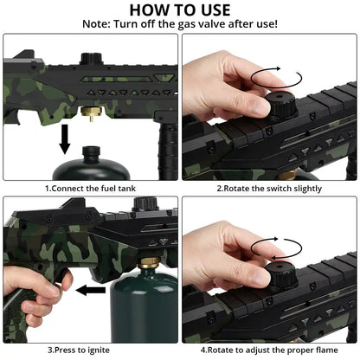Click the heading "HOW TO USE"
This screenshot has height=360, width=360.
[180, 10]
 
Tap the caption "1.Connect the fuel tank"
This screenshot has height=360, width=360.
[90, 189]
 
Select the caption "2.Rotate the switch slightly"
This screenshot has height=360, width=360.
[269, 189]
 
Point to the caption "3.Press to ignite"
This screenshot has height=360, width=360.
[79, 350]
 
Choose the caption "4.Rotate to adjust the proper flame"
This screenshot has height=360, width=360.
[269, 350]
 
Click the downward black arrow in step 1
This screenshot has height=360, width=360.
[65, 139]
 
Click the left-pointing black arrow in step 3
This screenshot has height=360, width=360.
[91, 290]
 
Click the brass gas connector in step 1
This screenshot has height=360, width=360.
[91, 113]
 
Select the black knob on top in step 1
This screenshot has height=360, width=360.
[91, 59]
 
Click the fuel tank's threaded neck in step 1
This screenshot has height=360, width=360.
[91, 151]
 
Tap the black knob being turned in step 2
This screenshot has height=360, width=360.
[280, 105]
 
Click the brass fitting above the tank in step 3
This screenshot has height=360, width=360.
[149, 263]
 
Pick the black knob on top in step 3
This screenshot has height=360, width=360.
[145, 203]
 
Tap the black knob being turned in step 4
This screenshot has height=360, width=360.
[280, 275]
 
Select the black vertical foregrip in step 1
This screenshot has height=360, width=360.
[167, 149]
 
